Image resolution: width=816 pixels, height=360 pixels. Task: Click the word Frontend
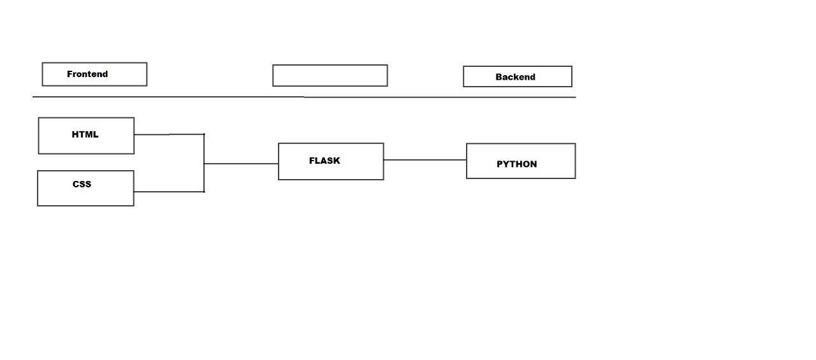coord(87,75)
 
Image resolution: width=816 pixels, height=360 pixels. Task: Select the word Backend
coord(515,77)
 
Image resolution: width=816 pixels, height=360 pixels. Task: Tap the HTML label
coord(85,134)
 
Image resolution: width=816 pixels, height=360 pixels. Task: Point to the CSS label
coord(82,184)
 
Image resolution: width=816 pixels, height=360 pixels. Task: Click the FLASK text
coord(324,161)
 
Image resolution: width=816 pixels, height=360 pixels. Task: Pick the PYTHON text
coord(516,164)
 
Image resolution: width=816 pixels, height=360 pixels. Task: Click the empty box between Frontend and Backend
coord(330,75)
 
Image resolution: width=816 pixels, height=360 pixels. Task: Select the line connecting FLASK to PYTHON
coord(425,160)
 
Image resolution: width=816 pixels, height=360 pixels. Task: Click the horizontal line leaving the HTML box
coord(169,134)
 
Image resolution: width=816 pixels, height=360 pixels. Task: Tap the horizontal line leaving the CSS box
coord(169,191)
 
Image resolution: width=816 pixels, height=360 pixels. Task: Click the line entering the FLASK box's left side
coord(241,164)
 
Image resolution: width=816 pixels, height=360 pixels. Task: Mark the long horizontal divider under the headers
coord(303,97)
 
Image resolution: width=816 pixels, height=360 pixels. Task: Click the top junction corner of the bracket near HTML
coord(204,134)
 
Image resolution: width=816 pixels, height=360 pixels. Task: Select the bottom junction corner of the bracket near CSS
coord(204,191)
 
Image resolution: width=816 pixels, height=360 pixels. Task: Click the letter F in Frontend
coord(69,75)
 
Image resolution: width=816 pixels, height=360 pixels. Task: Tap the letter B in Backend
coord(499,77)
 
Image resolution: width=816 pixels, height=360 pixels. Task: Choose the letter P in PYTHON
coord(500,164)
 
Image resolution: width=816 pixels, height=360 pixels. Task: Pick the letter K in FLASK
coord(337,161)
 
